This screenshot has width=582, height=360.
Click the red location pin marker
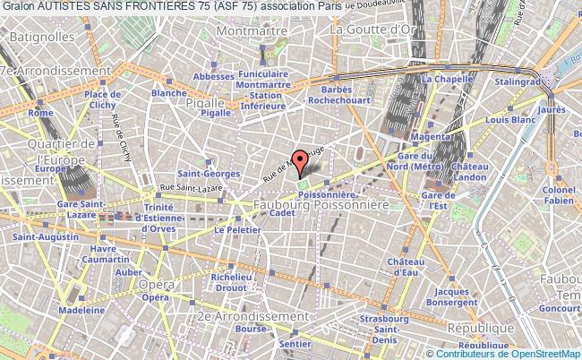[301, 160]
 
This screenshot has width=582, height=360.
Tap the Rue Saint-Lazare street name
[164, 186]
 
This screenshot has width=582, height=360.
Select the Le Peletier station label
[230, 229]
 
